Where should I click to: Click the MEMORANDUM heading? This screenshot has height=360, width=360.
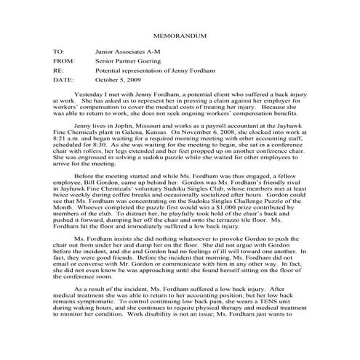point(179,36)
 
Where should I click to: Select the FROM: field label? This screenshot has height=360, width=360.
point(63,63)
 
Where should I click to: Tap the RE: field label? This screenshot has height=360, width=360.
point(58,73)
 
